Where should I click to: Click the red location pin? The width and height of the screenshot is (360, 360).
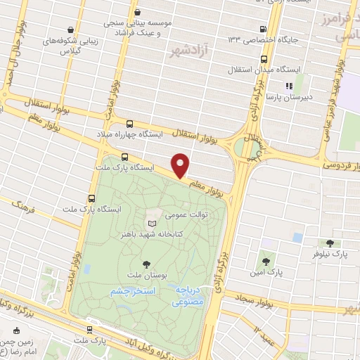click(x=181, y=165)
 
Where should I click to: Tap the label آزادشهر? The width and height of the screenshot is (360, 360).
click(x=188, y=51)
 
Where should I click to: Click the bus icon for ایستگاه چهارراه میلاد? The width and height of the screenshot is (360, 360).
click(x=128, y=124)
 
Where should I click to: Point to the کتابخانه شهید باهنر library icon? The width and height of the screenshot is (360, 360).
click(x=152, y=221)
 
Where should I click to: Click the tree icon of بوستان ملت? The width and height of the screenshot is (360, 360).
click(x=146, y=264)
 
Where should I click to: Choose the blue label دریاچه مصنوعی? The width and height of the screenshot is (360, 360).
click(x=189, y=295)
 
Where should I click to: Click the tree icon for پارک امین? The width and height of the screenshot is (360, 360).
click(x=264, y=260)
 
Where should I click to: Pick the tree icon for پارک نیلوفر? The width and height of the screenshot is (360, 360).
click(x=329, y=243)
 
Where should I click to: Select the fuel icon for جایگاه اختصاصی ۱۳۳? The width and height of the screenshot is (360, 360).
click(x=262, y=30)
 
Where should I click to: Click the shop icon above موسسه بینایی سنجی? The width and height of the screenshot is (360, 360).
click(x=137, y=12)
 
